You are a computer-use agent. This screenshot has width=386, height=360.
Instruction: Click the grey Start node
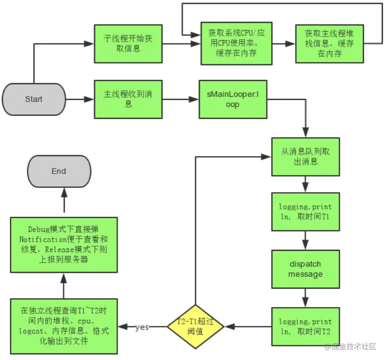34,99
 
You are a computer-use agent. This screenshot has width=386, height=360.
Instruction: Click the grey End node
59,171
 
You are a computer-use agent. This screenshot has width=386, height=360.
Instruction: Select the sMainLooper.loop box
233,99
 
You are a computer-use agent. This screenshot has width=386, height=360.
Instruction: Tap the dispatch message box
306,269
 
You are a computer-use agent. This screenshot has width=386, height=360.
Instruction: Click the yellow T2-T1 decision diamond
196,327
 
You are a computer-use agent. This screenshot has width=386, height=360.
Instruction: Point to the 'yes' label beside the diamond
142,327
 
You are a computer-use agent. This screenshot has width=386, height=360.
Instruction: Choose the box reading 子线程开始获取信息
128,44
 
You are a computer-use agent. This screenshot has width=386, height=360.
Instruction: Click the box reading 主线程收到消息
128,99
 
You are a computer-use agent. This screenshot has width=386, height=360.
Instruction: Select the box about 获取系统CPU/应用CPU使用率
236,43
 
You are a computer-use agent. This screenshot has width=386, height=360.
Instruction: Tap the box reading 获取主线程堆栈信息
329,44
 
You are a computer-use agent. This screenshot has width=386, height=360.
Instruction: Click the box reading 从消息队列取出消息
306,157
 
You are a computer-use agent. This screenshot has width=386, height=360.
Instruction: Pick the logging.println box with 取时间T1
306,212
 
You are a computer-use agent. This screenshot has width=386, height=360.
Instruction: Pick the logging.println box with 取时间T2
306,327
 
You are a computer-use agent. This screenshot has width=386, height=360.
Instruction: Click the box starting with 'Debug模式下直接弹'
64,245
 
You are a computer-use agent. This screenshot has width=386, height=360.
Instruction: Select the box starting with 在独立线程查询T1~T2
64,326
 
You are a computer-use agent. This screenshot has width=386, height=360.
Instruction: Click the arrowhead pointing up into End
64,192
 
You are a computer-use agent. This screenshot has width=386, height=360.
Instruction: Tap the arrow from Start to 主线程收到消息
80,100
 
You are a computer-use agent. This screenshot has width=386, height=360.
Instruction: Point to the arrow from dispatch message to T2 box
306,298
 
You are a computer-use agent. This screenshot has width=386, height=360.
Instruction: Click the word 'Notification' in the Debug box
43,239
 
